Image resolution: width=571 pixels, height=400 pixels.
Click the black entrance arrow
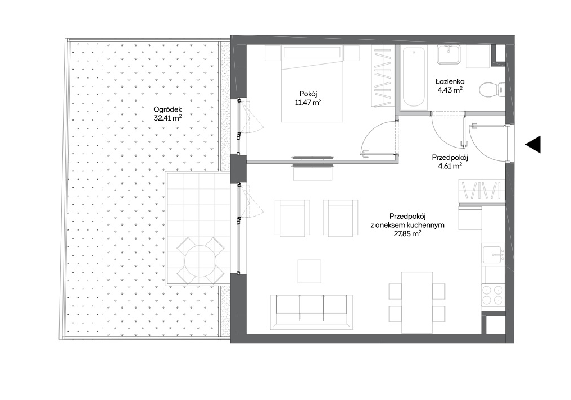(533, 144)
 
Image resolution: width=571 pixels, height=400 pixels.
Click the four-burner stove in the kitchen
(493, 295)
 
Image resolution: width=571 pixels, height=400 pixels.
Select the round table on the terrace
(201, 261)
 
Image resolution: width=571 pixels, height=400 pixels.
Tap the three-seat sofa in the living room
(311, 311)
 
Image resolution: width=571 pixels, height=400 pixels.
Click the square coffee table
(310, 272)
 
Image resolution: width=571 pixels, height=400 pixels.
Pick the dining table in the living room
(417, 302)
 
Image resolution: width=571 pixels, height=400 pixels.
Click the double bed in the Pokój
(312, 84)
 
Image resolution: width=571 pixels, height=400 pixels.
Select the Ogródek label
(167, 109)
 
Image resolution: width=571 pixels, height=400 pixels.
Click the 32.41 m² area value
(167, 118)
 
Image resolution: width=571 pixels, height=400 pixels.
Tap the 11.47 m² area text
(308, 103)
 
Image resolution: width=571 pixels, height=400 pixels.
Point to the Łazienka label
(451, 82)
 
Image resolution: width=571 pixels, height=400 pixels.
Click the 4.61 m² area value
(450, 166)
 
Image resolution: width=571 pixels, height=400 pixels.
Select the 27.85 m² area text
(407, 234)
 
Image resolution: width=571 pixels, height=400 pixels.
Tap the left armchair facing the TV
(292, 218)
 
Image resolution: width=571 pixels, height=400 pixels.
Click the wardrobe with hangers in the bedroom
(383, 76)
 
